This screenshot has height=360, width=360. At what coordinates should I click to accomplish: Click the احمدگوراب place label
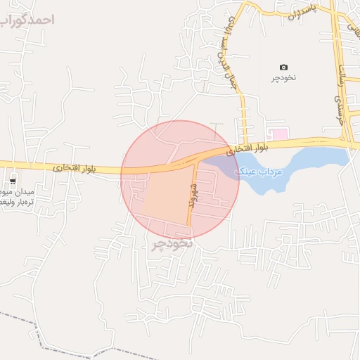click(x=28, y=19)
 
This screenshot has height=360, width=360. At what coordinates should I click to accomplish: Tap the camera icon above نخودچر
click(x=283, y=67)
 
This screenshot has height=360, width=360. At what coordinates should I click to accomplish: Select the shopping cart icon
click(x=13, y=180)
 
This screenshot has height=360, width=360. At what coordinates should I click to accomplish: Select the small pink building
click(x=280, y=134)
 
